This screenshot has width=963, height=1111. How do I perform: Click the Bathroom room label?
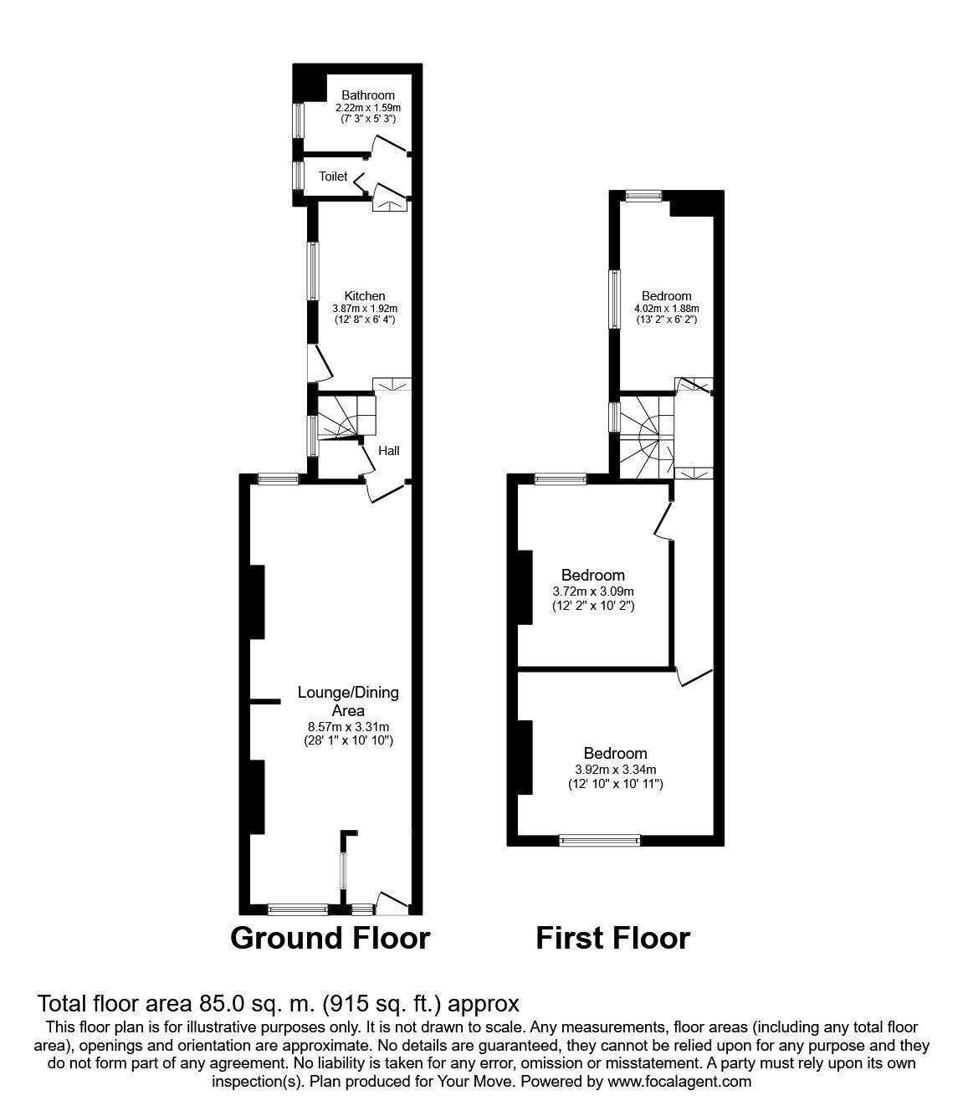click(367, 95)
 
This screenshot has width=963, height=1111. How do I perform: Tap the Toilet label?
click(333, 177)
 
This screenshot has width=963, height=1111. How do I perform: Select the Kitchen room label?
click(365, 295)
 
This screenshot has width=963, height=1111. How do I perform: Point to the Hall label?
click(389, 451)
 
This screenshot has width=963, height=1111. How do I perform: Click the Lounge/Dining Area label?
click(348, 701)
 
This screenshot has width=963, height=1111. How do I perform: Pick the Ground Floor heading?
click(330, 938)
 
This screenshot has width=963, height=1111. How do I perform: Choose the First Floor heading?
click(612, 938)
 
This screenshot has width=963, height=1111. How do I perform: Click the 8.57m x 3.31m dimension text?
click(348, 726)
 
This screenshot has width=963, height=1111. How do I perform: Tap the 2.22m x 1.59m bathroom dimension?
click(367, 108)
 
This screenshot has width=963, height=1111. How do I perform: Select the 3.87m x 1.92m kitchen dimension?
click(365, 308)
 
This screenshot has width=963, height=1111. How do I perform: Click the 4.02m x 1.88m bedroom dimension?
click(666, 308)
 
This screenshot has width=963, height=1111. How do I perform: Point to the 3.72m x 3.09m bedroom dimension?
click(593, 591)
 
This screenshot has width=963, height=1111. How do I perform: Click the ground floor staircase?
click(343, 417)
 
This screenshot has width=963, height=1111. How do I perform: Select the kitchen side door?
click(320, 362)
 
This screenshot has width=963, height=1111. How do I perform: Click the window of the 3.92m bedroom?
click(599, 840)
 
